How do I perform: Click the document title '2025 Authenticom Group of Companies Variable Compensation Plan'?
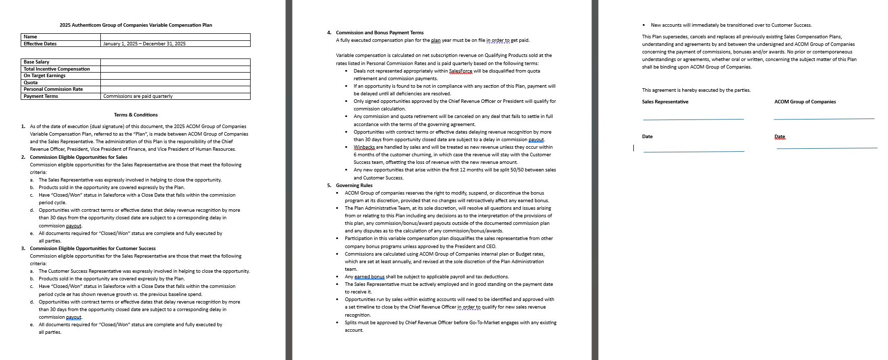tap(136, 25)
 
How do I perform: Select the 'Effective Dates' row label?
tap(40, 44)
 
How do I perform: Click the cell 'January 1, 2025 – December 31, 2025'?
tap(144, 44)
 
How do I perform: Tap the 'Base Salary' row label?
tap(36, 62)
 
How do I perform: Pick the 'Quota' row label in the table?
tap(31, 83)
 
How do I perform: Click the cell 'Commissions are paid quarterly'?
tap(138, 96)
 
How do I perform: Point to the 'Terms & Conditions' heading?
tap(136, 115)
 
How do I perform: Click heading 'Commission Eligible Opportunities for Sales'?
tap(79, 157)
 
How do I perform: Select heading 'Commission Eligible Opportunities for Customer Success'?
tap(93, 249)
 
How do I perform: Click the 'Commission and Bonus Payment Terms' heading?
tap(380, 33)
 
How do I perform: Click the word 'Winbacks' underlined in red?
tap(364, 147)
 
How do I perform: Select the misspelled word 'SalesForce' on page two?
tap(461, 71)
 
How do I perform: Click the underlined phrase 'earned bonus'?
tap(369, 277)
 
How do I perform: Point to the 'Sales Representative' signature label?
tap(665, 102)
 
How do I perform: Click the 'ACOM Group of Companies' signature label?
tap(805, 102)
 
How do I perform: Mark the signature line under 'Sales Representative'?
tap(693, 119)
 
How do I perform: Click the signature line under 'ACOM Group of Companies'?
tap(823, 119)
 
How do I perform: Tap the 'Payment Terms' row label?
tap(41, 96)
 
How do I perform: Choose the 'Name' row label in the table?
tap(30, 37)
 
